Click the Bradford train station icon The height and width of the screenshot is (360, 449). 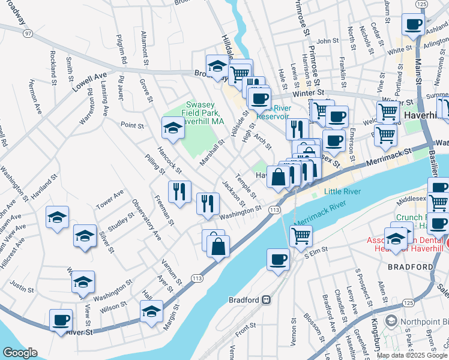coord(265,299)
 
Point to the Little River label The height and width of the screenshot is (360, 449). coord(341,191)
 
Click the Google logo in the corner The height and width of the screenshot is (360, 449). coord(20,353)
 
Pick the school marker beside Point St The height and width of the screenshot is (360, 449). coord(173,128)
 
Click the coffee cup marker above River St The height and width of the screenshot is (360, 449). coord(61,319)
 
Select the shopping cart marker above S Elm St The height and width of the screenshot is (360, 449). coord(301,235)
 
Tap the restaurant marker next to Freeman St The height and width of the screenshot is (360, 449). coord(179,191)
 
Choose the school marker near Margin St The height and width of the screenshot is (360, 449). coord(151,311)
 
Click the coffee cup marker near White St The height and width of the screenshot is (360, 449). coord(412,25)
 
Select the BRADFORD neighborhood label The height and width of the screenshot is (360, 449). coord(410,266)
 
